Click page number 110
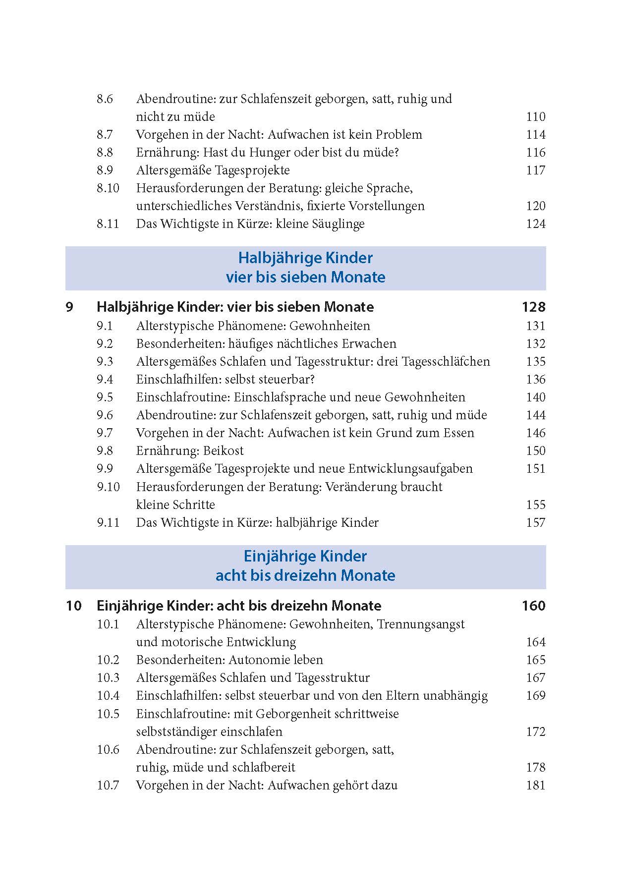pyautogui.click(x=535, y=117)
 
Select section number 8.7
pyautogui.click(x=105, y=135)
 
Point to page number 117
pyautogui.click(x=535, y=170)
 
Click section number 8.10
pyautogui.click(x=108, y=188)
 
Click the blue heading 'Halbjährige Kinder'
pyautogui.click(x=305, y=258)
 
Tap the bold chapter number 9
pyautogui.click(x=69, y=307)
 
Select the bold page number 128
pyautogui.click(x=533, y=307)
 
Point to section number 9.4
pyautogui.click(x=105, y=380)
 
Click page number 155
pyautogui.click(x=535, y=505)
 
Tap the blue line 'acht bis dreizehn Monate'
pyautogui.click(x=305, y=575)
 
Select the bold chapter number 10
pyautogui.click(x=73, y=606)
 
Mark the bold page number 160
pyautogui.click(x=533, y=606)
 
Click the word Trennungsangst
pyautogui.click(x=421, y=624)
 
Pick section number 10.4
pyautogui.click(x=108, y=696)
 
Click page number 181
pyautogui.click(x=535, y=785)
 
